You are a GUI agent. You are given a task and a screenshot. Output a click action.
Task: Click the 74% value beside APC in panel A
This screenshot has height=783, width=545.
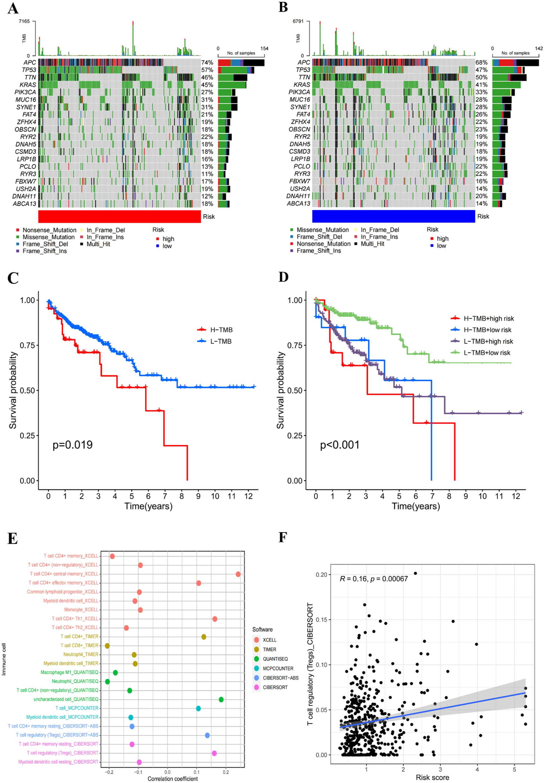[207, 63]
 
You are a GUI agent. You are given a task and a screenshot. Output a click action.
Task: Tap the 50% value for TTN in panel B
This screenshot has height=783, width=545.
[481, 77]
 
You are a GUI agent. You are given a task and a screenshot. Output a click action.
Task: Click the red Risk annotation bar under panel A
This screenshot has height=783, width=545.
[119, 217]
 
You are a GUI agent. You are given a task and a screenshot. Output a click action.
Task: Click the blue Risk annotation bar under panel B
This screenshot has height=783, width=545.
[393, 216]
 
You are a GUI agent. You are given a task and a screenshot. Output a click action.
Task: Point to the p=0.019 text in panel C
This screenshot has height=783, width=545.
[73, 445]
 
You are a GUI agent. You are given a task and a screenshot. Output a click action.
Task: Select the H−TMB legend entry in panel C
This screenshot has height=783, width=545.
[221, 330]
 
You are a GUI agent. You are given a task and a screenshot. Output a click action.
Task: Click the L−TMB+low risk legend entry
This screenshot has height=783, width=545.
[487, 353]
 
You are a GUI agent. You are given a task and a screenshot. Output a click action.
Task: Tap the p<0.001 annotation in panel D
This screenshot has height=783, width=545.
[339, 445]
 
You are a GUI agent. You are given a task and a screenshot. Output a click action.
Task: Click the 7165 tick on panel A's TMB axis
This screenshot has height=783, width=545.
[24, 22]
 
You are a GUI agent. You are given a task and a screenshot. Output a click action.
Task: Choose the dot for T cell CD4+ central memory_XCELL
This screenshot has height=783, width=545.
[238, 574]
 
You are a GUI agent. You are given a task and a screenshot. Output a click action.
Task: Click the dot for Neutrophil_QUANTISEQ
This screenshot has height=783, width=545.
[107, 681]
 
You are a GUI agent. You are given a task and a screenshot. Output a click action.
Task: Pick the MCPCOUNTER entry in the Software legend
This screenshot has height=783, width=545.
[278, 668]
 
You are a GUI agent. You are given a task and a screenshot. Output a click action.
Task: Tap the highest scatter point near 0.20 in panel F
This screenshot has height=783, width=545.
[415, 574]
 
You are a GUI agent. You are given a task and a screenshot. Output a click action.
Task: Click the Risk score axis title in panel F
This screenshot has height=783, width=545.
[432, 778]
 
